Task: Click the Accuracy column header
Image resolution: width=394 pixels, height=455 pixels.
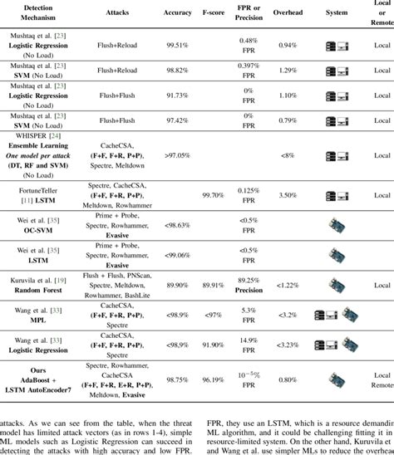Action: pos(178,13)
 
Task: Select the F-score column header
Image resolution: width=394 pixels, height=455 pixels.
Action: pos(214,13)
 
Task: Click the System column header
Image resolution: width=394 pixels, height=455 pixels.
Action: pos(337,13)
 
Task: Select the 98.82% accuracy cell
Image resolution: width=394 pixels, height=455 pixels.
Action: pos(178,72)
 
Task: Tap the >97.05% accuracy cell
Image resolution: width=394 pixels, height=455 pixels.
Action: pos(178,155)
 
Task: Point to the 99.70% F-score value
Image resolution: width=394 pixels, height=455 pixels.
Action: pos(214,194)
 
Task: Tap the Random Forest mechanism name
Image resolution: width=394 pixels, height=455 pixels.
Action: pos(41,290)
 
